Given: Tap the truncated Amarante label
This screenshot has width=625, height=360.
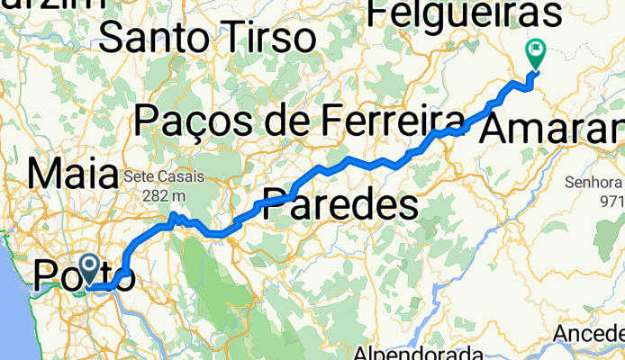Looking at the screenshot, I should tap(551, 130).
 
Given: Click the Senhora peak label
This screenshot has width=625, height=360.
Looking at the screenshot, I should tap(593, 183).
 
